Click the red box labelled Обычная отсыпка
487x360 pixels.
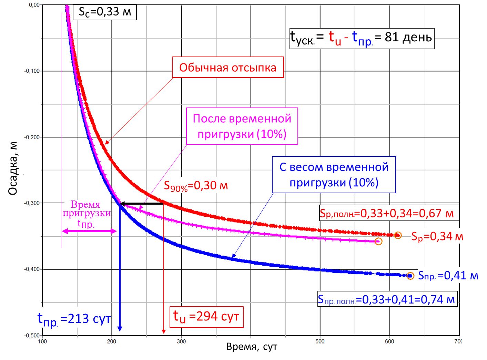[228, 68]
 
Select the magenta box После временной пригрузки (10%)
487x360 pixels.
[242, 126]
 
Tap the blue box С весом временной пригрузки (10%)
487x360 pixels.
[334, 175]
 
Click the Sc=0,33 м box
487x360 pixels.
[105, 12]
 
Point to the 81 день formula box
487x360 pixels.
[362, 38]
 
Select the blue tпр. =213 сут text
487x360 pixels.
[74, 319]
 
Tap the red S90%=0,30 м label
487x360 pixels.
[195, 186]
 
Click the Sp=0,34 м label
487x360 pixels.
[437, 237]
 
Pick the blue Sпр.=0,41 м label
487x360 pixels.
[448, 276]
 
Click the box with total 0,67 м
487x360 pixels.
[387, 214]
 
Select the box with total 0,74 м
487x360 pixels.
[387, 300]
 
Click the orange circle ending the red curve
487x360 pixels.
[398, 235]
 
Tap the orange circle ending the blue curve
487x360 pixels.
[410, 276]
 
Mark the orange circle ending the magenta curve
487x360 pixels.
[378, 241]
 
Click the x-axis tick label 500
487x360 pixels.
[320, 341]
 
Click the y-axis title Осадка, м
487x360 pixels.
[13, 169]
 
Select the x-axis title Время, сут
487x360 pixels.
[252, 347]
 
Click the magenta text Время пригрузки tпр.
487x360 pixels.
[87, 214]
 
